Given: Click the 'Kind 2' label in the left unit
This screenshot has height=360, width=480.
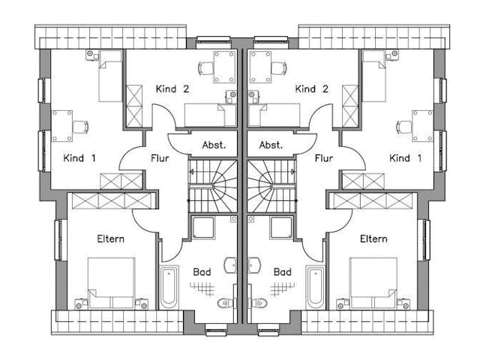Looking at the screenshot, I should click(x=172, y=88).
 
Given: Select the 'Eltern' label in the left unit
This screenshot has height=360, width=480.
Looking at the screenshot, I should click(x=110, y=239).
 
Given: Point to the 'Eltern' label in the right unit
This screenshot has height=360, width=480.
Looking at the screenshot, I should click(x=373, y=239).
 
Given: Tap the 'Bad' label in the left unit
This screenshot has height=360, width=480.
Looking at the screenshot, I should click(x=202, y=271).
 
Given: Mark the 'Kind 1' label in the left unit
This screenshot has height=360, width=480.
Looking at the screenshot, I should click(x=79, y=158).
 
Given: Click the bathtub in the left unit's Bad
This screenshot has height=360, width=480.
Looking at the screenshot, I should click(x=168, y=286).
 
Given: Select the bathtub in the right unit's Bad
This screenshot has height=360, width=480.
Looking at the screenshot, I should click(x=315, y=286).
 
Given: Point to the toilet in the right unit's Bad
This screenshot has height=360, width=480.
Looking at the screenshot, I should click(x=257, y=303).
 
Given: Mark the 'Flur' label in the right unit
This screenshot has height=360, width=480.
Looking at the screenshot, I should click(x=323, y=158).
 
